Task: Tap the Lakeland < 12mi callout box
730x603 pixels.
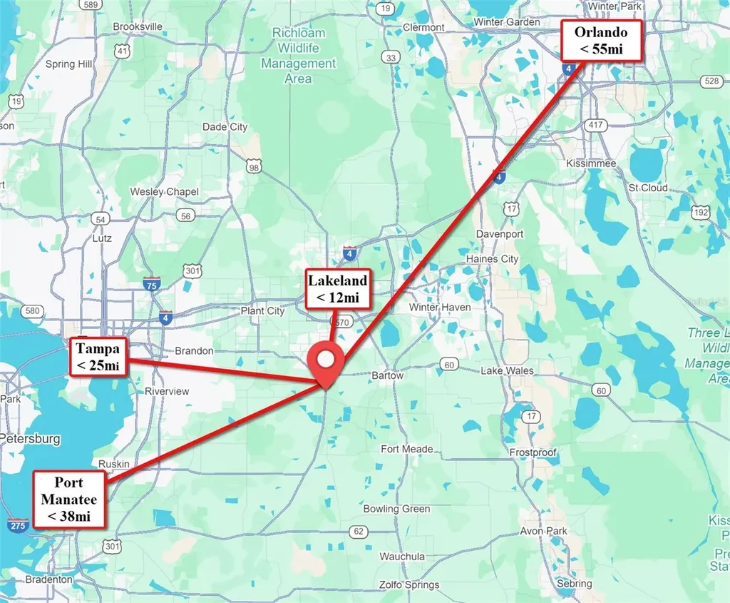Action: [337, 288]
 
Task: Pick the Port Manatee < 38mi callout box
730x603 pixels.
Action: [69, 499]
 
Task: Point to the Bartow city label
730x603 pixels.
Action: [388, 375]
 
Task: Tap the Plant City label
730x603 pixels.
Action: [262, 311]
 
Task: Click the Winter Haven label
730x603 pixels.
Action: [440, 308]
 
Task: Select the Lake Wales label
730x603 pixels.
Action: [507, 371]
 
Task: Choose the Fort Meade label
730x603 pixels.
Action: [407, 449]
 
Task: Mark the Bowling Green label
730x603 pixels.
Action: [396, 509]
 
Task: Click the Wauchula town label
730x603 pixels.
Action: [402, 556]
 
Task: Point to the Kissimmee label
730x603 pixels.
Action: [590, 163]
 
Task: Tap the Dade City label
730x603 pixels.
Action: [225, 127]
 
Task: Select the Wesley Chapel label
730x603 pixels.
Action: [164, 192]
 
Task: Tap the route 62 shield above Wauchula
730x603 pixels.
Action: [357, 532]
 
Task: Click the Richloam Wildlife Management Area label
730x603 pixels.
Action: [298, 56]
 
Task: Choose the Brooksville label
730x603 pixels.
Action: [138, 26]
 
